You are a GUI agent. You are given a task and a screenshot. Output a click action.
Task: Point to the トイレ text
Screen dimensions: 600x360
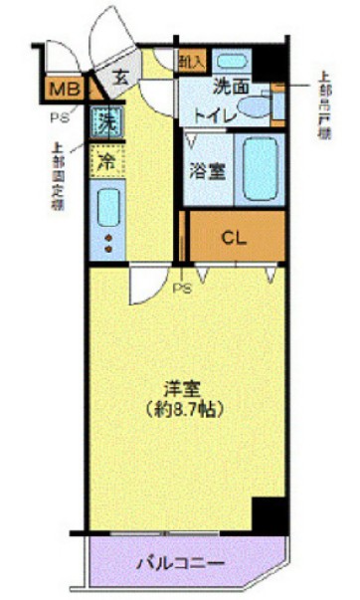click(215, 115)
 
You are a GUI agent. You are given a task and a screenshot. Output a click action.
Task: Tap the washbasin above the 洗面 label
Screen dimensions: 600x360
click(234, 63)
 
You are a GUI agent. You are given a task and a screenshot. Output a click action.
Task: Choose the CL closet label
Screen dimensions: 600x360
click(234, 238)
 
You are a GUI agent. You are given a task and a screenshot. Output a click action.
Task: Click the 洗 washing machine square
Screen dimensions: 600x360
click(104, 125)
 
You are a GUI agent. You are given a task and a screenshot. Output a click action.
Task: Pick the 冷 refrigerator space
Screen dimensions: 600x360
click(104, 160)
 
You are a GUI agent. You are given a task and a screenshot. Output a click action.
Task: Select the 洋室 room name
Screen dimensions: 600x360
click(184, 387)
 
